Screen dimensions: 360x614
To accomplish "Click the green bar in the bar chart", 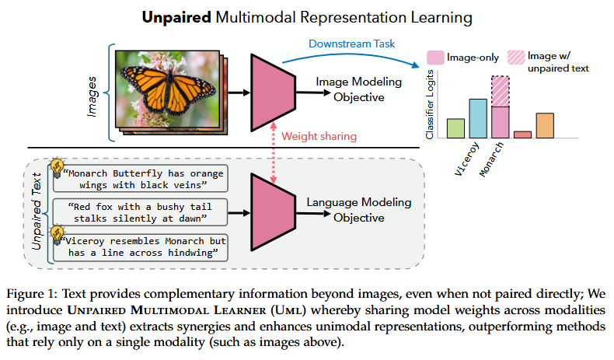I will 455,128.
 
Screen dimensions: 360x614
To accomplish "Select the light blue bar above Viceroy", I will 478,118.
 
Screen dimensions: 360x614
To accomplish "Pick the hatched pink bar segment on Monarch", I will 501,91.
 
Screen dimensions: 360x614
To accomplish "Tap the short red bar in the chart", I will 523,135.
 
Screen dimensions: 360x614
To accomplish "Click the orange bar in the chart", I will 545,125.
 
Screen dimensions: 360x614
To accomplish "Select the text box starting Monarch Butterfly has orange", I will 139,177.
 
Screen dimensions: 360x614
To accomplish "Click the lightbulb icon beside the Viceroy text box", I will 57,234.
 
